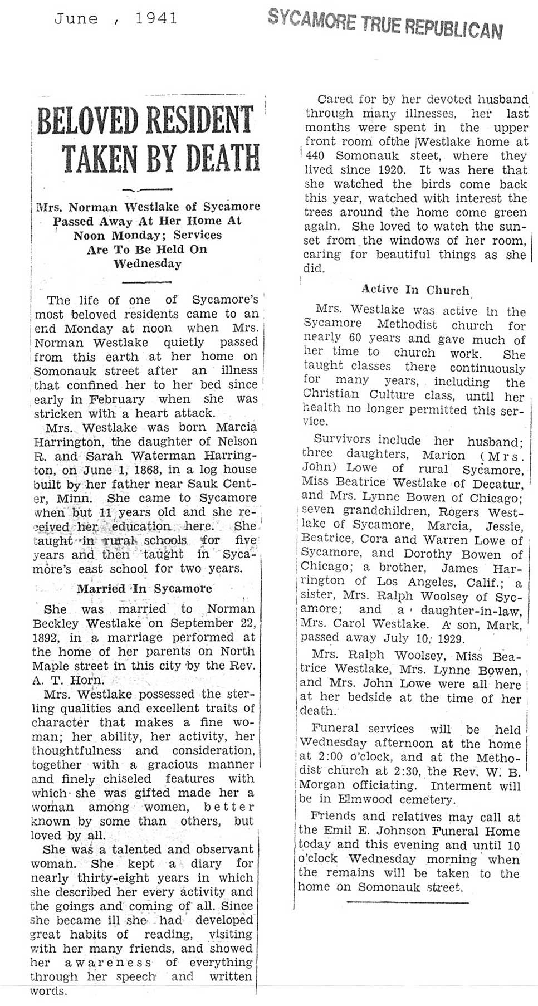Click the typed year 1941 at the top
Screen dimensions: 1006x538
(156, 18)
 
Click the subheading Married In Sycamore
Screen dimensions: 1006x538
(144, 589)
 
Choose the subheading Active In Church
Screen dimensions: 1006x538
(415, 290)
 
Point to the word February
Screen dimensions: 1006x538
(120, 399)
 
